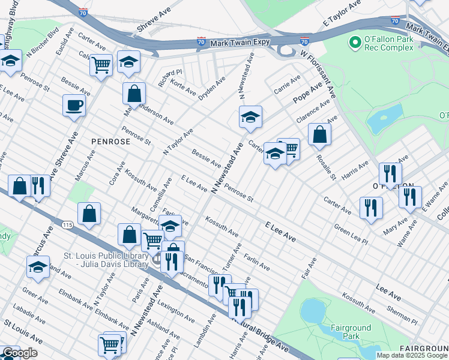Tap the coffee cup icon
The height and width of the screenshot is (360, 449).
click(74, 106)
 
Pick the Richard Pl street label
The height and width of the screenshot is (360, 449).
click(170, 76)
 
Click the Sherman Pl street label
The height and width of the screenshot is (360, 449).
click(402, 314)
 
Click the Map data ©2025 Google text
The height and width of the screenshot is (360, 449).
click(411, 355)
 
